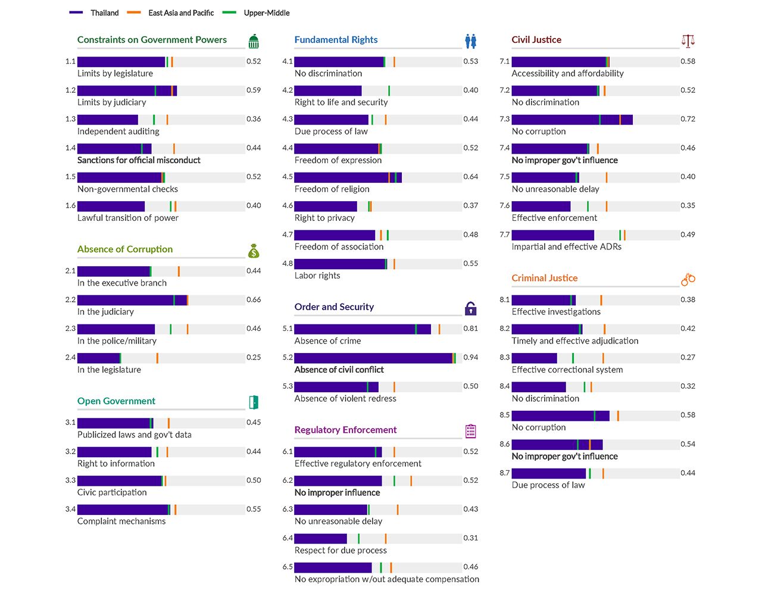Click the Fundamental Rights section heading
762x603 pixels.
pyautogui.click(x=336, y=40)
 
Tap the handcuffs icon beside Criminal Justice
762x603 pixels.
pyautogui.click(x=688, y=279)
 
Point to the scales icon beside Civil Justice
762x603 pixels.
pyautogui.click(x=688, y=41)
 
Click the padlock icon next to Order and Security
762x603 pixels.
pyautogui.click(x=471, y=308)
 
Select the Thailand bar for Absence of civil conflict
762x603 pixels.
pyautogui.click(x=373, y=358)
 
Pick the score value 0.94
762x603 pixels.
pyautogui.click(x=471, y=358)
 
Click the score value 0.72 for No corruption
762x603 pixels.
pyautogui.click(x=688, y=119)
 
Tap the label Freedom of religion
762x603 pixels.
pyautogui.click(x=332, y=189)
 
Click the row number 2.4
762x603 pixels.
pyautogui.click(x=70, y=358)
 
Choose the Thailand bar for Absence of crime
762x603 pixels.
pyautogui.click(x=363, y=329)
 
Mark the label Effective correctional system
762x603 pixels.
pyautogui.click(x=567, y=370)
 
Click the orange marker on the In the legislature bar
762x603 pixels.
pyautogui.click(x=157, y=358)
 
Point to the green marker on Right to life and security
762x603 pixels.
pyautogui.click(x=389, y=90)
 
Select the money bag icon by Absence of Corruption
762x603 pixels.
pyautogui.click(x=254, y=251)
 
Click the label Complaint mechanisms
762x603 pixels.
pyautogui.click(x=121, y=521)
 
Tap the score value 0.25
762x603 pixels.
pyautogui.click(x=254, y=358)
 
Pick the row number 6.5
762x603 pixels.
pyautogui.click(x=288, y=567)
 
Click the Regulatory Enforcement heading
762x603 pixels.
pyautogui.click(x=345, y=430)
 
